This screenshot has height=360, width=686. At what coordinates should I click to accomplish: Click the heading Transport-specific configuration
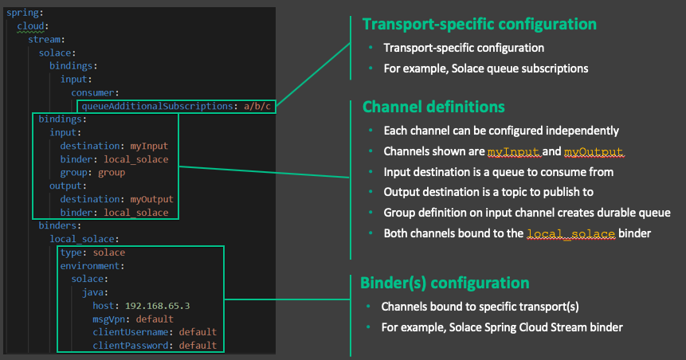click(480, 25)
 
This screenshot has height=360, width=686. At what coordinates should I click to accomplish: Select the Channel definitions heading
click(433, 107)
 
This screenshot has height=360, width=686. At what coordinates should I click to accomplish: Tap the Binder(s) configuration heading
click(445, 283)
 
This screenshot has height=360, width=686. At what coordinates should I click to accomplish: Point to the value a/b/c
click(257, 105)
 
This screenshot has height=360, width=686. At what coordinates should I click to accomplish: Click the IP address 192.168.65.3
click(158, 305)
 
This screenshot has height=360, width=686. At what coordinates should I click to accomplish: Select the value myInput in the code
click(149, 146)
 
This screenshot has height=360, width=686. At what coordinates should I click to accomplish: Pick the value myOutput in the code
click(151, 199)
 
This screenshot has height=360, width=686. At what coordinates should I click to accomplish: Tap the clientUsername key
click(134, 332)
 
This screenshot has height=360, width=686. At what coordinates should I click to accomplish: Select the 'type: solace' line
click(92, 252)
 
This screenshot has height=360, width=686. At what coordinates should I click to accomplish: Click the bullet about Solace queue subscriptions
click(485, 68)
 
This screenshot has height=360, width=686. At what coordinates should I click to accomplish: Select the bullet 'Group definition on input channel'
click(527, 213)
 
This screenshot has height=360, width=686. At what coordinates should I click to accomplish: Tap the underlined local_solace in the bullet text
click(571, 233)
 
